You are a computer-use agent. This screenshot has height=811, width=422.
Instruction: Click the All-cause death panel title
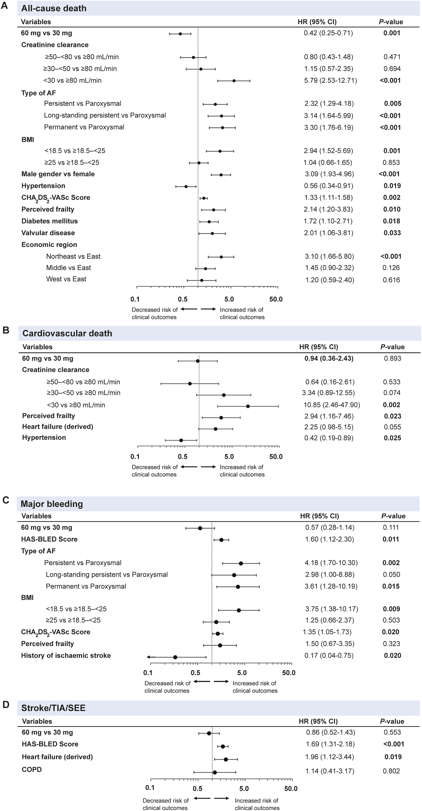tap(54, 8)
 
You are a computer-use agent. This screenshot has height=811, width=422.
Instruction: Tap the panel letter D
tap(6, 705)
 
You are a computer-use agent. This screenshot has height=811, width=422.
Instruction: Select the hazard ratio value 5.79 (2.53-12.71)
tap(330, 80)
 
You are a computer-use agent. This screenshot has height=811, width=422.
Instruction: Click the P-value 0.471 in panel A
tap(392, 57)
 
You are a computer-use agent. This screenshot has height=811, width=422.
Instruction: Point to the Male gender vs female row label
tap(58, 174)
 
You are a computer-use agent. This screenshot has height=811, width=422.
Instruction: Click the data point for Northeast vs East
tap(221, 257)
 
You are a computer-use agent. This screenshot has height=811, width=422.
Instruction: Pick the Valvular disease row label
tap(48, 233)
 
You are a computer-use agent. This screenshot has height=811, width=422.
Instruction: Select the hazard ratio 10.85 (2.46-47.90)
tap(331, 405)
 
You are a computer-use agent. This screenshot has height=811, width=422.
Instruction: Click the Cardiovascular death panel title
tap(67, 333)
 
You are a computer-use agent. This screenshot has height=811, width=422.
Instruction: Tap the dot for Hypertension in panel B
tap(181, 440)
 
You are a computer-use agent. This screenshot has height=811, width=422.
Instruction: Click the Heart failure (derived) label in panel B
tap(58, 427)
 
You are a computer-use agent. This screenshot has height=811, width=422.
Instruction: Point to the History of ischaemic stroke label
tap(66, 655)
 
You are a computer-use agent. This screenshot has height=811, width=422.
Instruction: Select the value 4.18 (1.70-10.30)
tap(331, 563)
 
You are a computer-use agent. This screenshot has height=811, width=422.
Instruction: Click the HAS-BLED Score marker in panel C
tap(221, 540)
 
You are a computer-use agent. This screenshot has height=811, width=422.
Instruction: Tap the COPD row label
tap(32, 769)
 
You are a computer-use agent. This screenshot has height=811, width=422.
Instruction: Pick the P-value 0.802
tap(392, 771)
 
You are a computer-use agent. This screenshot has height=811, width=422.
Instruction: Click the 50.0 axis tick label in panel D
tap(291, 788)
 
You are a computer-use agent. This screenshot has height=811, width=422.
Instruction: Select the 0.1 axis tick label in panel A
tap(135, 299)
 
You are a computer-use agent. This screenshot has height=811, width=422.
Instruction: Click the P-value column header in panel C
tap(393, 516)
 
